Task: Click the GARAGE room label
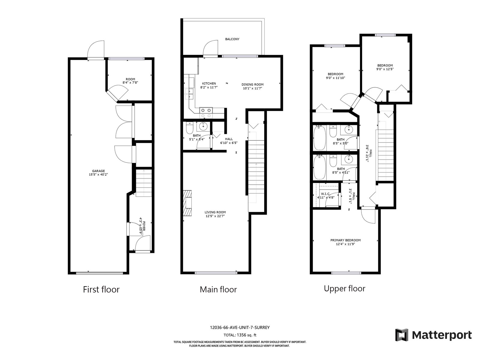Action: (x=98, y=171)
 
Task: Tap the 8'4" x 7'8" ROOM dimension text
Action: (x=130, y=82)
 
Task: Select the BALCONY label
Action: (x=232, y=39)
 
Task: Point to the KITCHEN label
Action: (x=209, y=83)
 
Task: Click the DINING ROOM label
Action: (x=253, y=85)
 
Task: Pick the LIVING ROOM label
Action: (x=215, y=212)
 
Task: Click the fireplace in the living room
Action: (x=187, y=203)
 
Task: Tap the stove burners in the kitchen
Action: (x=206, y=113)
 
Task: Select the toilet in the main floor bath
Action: (x=189, y=128)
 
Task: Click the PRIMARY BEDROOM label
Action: (x=346, y=240)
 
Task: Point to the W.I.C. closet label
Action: (x=325, y=194)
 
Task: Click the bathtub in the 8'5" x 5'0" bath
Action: (x=319, y=138)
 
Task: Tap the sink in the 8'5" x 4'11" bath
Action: (x=349, y=160)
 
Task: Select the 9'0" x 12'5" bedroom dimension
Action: (x=385, y=69)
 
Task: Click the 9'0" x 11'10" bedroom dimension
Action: (x=335, y=78)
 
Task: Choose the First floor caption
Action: (x=101, y=289)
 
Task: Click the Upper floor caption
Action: (x=344, y=289)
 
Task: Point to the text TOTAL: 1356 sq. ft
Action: (x=240, y=335)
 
